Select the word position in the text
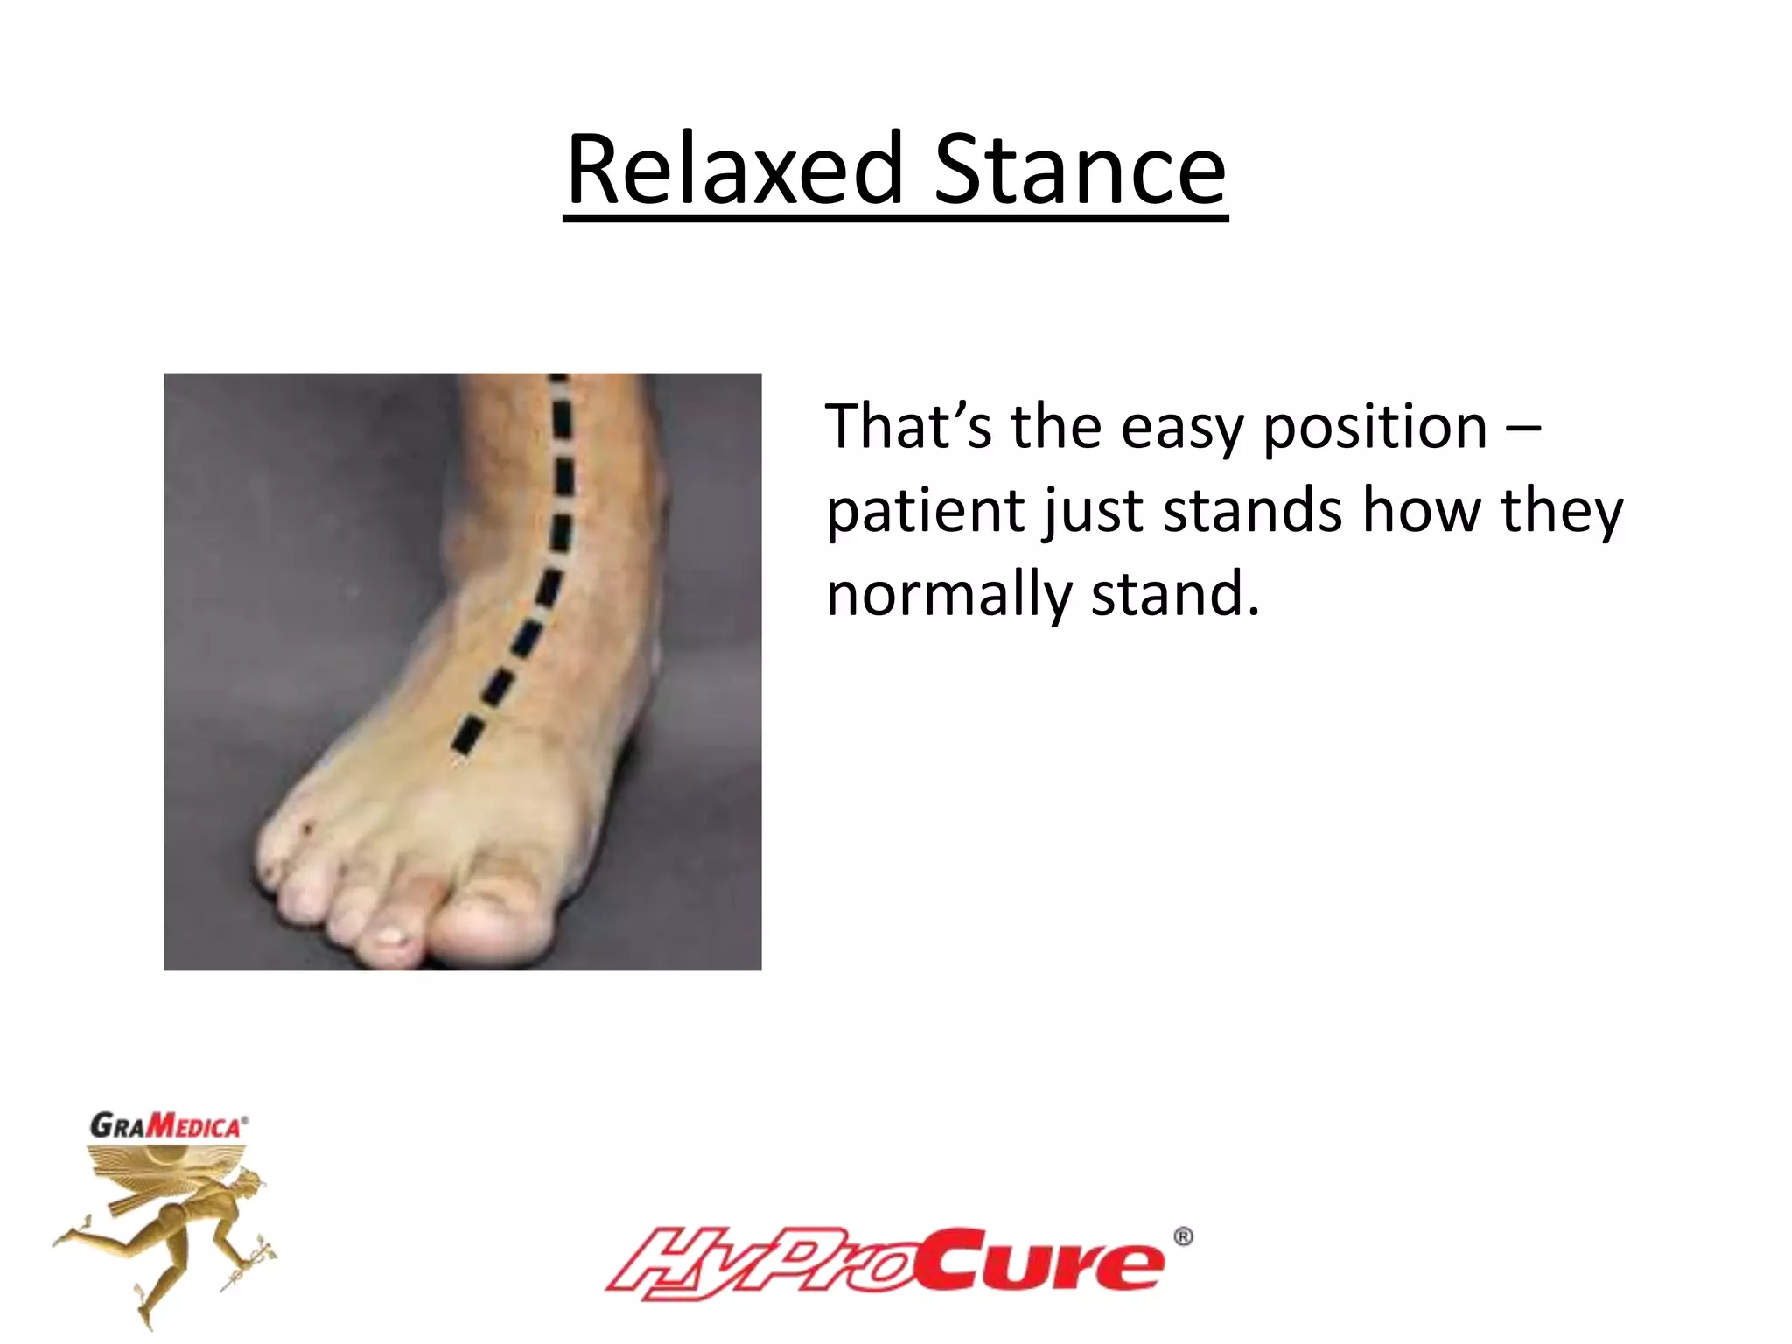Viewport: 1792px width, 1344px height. point(1375,428)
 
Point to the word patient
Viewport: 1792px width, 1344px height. point(924,512)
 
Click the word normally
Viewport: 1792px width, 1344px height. point(948,595)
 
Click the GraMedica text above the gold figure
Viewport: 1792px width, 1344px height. point(166,1125)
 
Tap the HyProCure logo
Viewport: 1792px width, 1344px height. point(884,1262)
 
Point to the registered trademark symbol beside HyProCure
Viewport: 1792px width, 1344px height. point(1182,1236)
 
